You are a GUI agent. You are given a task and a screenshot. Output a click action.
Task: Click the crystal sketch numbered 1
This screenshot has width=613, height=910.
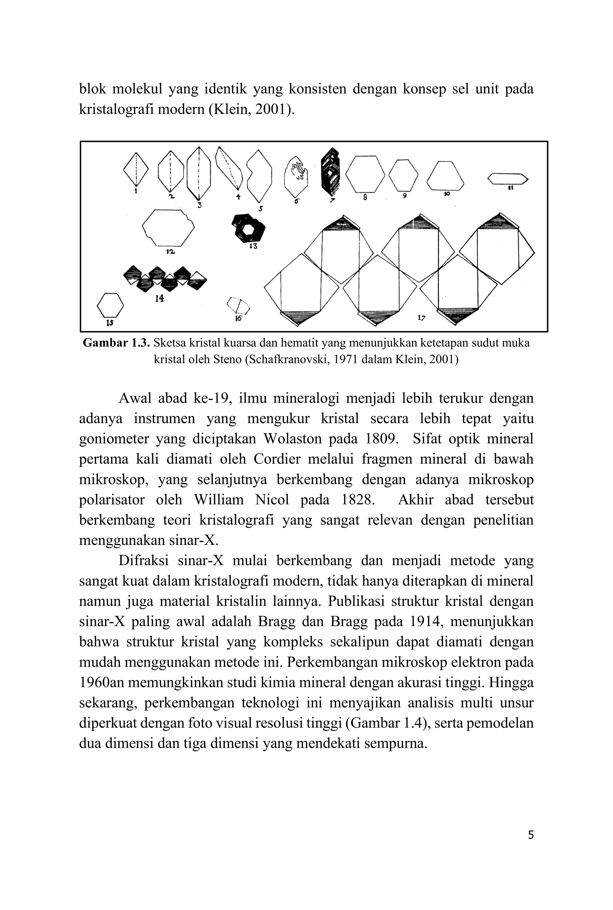pos(136,169)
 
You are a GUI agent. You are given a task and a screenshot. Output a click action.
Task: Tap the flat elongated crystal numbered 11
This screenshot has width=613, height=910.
pos(507,179)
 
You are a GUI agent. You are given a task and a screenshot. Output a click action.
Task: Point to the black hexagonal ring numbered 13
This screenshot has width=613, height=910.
pos(248,228)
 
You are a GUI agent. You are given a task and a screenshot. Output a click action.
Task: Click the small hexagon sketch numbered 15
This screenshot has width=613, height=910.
pos(110,305)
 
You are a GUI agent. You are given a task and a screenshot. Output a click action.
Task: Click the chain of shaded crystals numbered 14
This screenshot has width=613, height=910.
pos(165,278)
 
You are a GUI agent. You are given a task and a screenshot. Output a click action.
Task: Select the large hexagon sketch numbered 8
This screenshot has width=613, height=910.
pos(365,174)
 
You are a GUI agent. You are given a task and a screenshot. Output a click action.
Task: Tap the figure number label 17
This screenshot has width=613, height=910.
pos(421,317)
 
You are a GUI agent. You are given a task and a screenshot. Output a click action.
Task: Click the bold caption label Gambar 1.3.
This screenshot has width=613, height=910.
pos(116,343)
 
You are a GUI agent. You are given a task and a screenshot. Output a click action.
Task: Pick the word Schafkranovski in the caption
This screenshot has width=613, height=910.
pos(286,359)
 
